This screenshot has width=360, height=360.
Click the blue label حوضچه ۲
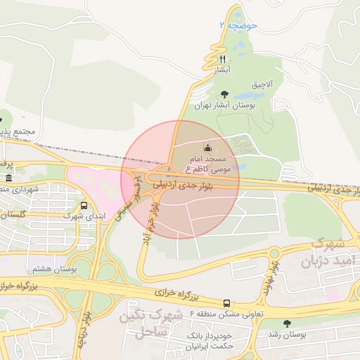(x=239, y=25)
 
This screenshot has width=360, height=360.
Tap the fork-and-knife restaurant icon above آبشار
(x=223, y=59)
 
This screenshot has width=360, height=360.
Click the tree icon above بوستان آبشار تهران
(x=224, y=94)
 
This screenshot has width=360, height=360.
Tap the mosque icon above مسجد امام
(x=207, y=148)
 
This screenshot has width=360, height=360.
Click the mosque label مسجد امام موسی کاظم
(x=207, y=165)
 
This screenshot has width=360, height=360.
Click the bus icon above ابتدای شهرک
(x=84, y=206)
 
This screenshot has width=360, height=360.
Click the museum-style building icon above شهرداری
(x=8, y=179)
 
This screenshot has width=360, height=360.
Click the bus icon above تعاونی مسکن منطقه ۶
(x=226, y=303)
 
